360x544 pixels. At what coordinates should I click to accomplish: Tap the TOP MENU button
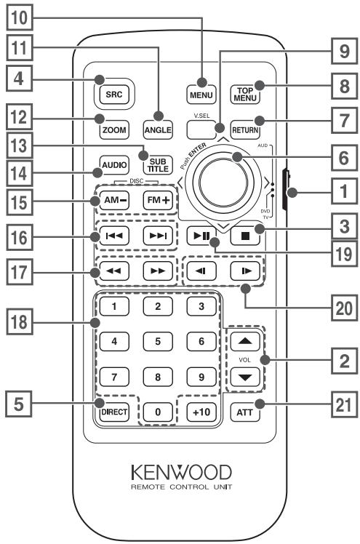(245, 94)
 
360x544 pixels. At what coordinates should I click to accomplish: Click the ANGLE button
(158, 130)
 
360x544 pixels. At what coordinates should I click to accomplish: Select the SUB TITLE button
(158, 165)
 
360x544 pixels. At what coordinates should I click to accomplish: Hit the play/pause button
(201, 236)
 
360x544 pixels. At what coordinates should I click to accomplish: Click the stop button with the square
(245, 236)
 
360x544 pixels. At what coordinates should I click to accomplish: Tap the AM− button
(114, 200)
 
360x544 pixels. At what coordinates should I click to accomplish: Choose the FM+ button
(158, 200)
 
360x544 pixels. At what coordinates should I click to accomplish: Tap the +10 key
(201, 412)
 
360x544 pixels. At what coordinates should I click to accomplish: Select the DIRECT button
(114, 412)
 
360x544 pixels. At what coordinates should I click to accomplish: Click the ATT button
(245, 412)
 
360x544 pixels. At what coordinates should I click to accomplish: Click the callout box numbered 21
(344, 404)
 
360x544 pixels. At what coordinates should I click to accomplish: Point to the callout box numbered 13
(20, 145)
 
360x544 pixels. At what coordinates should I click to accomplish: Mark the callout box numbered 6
(344, 158)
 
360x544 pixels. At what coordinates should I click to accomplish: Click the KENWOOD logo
(181, 473)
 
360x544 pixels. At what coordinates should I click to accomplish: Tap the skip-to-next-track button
(158, 236)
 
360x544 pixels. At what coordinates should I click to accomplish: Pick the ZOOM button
(114, 130)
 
